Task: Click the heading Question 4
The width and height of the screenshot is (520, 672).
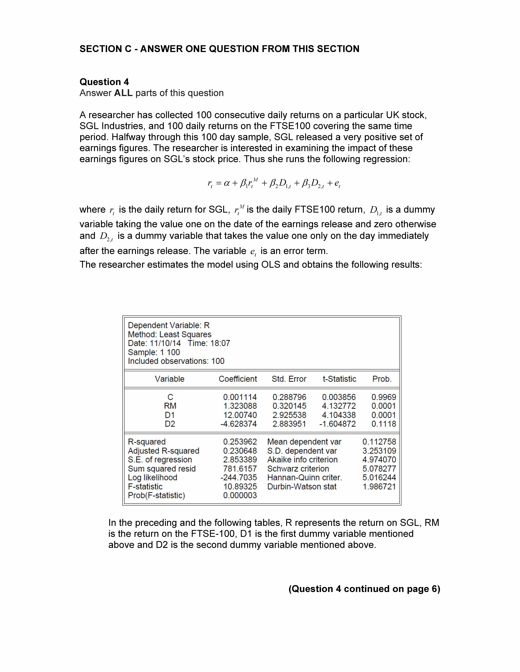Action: [x=104, y=82]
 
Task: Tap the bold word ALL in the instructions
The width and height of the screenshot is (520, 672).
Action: [x=123, y=93]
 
